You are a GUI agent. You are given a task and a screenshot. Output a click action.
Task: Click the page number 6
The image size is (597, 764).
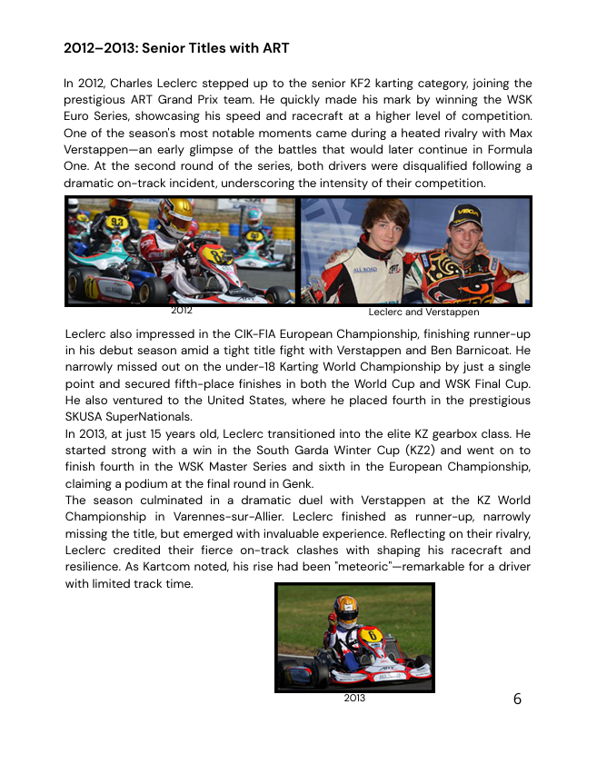coord(518,699)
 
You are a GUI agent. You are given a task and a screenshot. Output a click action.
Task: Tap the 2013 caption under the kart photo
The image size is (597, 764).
coord(354,698)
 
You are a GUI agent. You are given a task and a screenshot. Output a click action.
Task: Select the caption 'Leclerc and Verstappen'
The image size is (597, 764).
coord(423,312)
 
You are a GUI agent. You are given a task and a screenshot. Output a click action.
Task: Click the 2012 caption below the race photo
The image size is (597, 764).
coord(182,311)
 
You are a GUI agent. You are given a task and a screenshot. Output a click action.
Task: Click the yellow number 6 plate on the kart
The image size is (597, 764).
coord(373,635)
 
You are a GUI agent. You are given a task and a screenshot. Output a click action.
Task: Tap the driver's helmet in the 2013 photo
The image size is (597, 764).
coord(345,608)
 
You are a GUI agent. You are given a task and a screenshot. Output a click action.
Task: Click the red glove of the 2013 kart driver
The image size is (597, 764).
coord(332,620)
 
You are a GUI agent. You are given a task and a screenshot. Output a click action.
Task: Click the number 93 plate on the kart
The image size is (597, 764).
coord(115,221)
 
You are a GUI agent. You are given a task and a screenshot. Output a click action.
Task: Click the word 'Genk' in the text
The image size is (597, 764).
coord(299,483)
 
